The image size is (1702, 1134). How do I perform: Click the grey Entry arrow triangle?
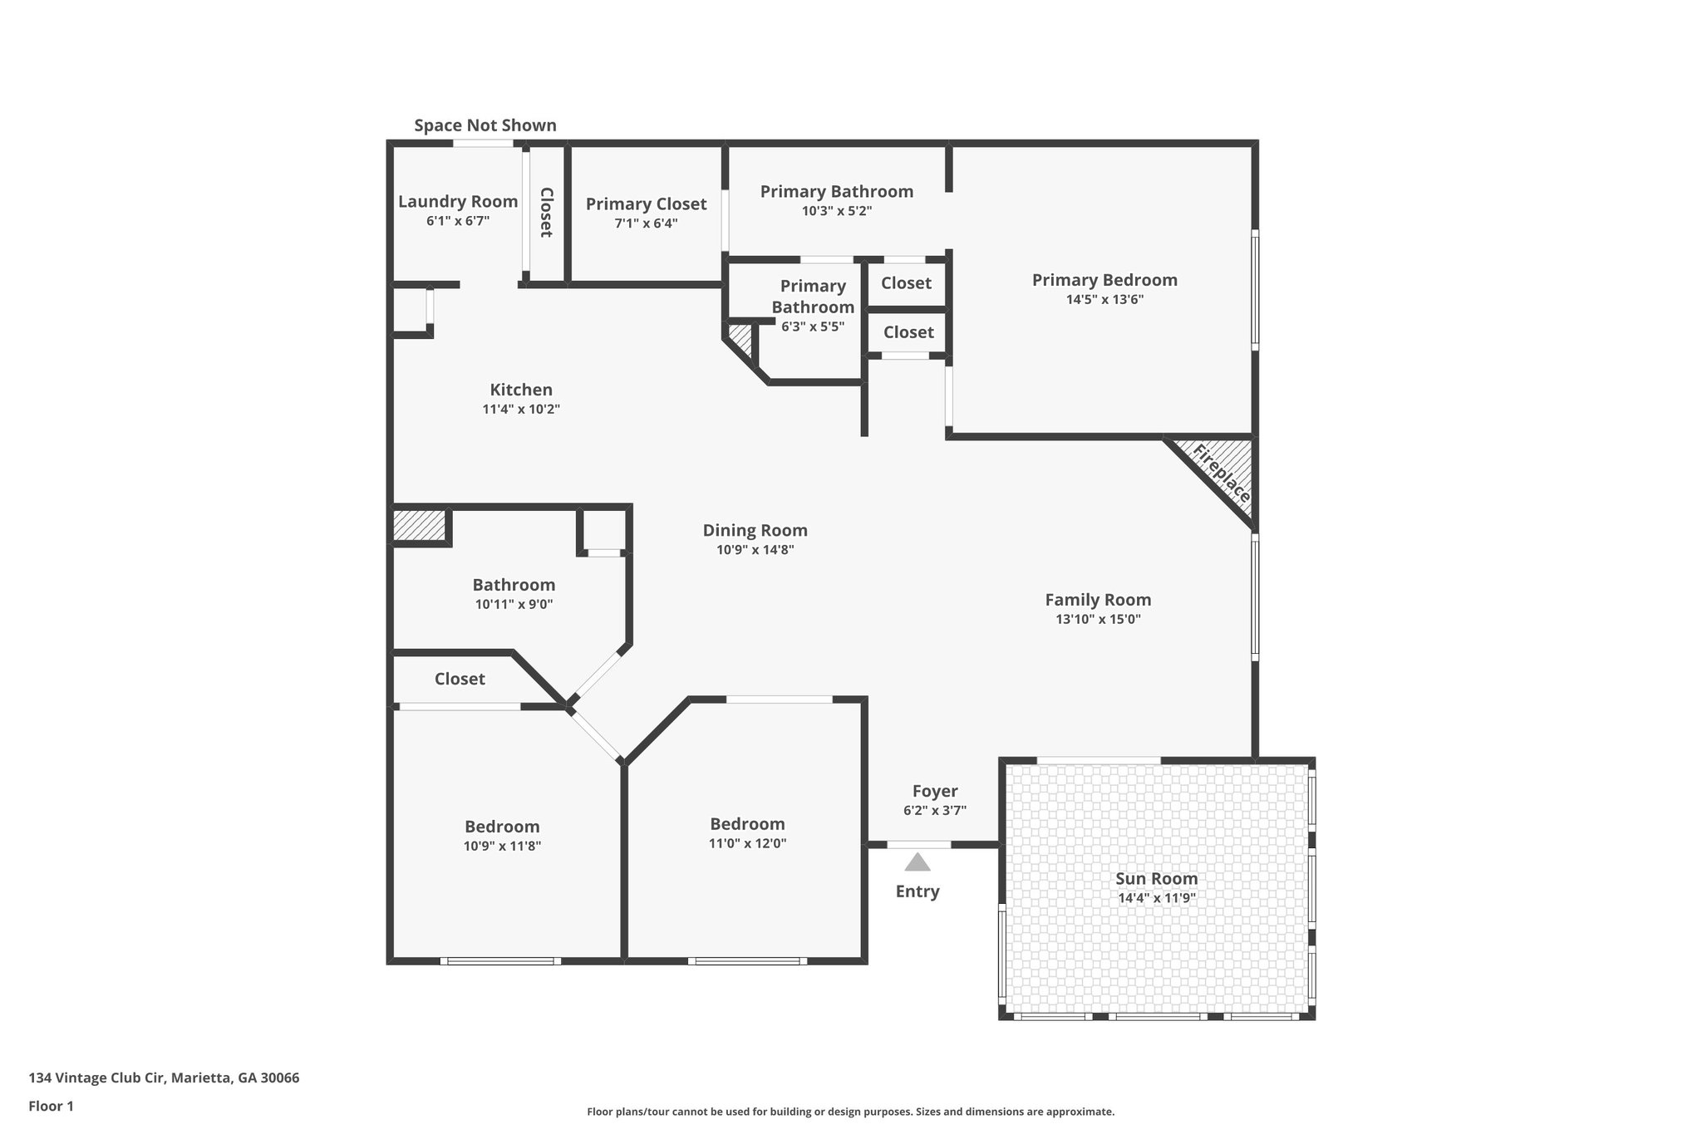coord(917,862)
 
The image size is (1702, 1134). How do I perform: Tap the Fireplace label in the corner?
coord(1222,474)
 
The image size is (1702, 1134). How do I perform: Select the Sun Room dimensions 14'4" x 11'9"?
coord(1156,898)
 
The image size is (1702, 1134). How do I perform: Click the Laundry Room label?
coord(458,201)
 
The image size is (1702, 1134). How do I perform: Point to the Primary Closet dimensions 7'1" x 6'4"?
coord(646,223)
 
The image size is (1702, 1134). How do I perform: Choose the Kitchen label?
coord(521,390)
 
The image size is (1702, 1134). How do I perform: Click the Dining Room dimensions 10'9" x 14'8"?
coord(755,549)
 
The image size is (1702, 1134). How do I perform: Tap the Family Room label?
coord(1098,600)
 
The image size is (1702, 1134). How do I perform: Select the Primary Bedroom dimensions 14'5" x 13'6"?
coord(1104,300)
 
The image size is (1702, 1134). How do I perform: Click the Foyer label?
coord(935,791)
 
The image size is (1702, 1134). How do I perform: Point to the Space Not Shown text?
coord(485,125)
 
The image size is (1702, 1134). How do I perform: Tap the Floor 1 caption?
coord(51,1107)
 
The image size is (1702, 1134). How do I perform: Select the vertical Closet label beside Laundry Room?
coord(546,213)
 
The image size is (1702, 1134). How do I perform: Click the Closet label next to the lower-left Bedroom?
coord(460,679)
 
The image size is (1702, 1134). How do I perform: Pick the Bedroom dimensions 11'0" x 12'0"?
coord(747,843)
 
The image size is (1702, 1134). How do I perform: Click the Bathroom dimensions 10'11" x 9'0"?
coord(514,605)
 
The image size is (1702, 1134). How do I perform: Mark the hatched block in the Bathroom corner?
coord(420,525)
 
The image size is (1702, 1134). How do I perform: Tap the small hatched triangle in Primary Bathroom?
coord(739,336)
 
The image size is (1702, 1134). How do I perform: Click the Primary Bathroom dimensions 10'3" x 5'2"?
coord(836,211)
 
